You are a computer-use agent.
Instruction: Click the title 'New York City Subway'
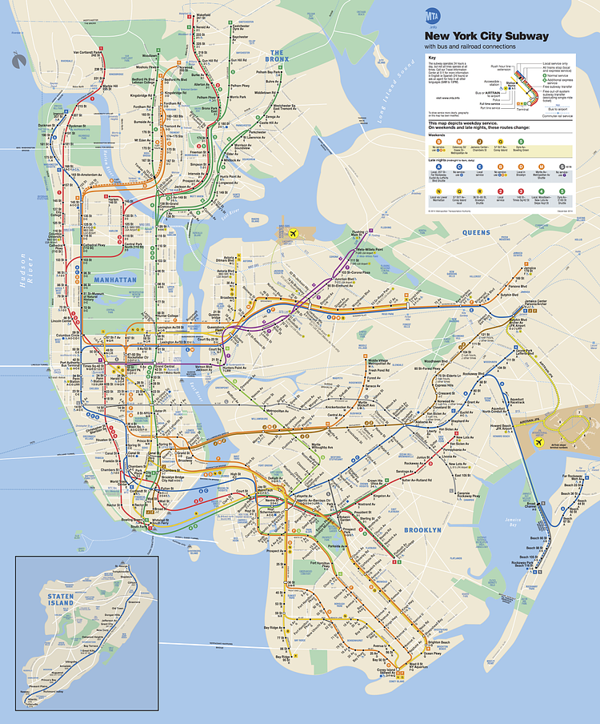click(x=486, y=36)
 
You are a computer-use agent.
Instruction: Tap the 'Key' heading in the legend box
click(x=432, y=58)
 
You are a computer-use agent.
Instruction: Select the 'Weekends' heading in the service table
click(x=437, y=136)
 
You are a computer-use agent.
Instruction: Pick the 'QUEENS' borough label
click(x=476, y=232)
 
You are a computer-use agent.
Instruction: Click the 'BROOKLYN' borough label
click(x=422, y=530)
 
